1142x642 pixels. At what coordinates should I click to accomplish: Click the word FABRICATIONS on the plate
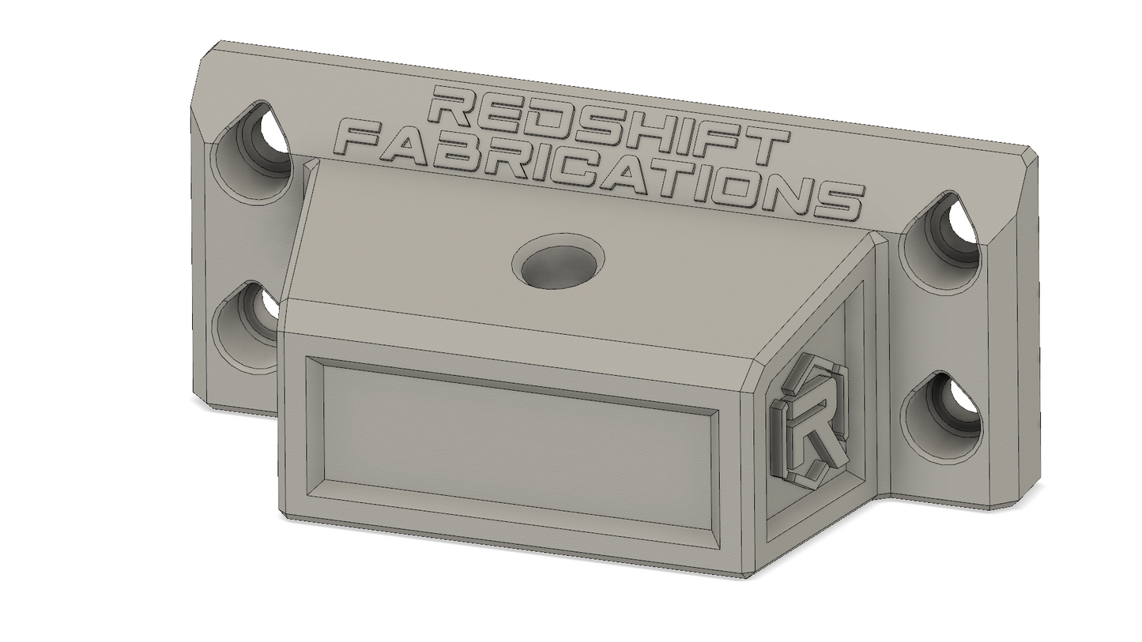pos(601,171)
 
